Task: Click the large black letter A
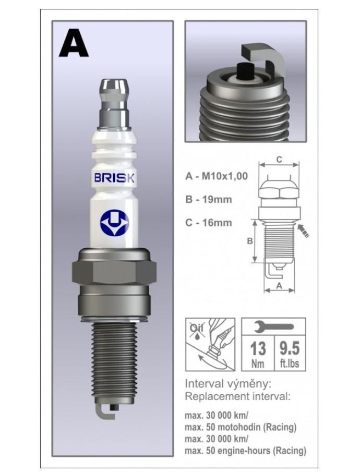[x=74, y=43]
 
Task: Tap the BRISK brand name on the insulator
[x=114, y=178]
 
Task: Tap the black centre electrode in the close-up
[x=245, y=71]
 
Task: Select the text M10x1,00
[x=224, y=176]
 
